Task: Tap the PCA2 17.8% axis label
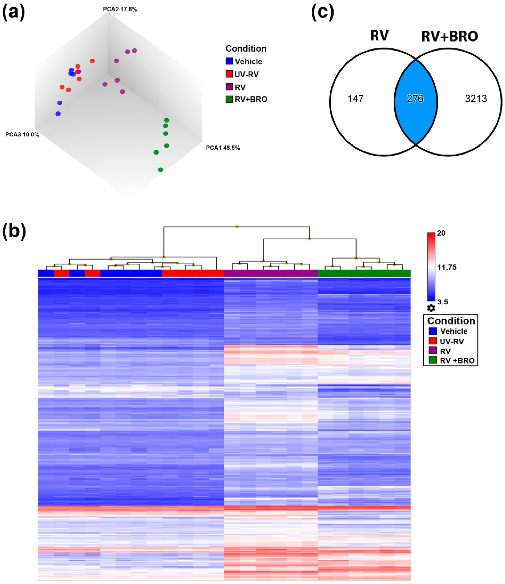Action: click(120, 9)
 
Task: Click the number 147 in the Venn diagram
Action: click(356, 99)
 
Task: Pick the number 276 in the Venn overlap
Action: click(415, 99)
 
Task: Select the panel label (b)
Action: click(14, 231)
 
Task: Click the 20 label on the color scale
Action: click(441, 233)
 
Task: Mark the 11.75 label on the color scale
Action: click(447, 267)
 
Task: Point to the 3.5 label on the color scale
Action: click(442, 302)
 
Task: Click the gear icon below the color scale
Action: click(431, 308)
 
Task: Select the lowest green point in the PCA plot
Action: click(160, 170)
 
